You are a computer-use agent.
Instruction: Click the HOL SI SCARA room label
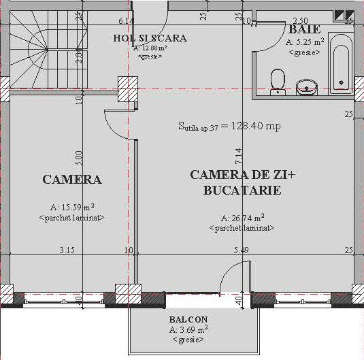150,38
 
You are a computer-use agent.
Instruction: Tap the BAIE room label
304,30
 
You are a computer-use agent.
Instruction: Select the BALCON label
188,319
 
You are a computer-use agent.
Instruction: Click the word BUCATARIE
242,191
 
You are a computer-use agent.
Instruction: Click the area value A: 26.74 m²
243,218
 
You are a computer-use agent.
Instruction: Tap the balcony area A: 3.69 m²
188,329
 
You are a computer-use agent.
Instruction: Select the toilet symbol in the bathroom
277,81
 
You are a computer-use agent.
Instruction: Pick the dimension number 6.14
125,22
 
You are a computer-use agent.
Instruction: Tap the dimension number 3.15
67,251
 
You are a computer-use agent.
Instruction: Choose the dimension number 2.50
300,22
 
